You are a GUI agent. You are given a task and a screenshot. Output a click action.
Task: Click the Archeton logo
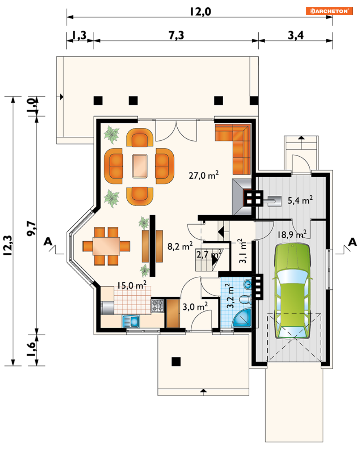[x=329, y=11]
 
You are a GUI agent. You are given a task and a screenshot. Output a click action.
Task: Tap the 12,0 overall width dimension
[x=200, y=12]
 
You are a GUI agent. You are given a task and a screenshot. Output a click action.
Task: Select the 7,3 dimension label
[x=176, y=35]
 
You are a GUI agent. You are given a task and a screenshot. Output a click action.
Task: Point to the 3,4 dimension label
[x=296, y=35]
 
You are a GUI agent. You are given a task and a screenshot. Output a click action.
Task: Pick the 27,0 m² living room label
[x=204, y=175]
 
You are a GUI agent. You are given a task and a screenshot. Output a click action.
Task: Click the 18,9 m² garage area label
[x=292, y=234]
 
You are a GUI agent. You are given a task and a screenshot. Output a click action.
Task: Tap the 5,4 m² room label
[x=300, y=200]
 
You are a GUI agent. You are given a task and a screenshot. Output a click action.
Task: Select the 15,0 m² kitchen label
[x=132, y=285]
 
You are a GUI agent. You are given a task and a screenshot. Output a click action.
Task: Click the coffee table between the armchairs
[x=140, y=166]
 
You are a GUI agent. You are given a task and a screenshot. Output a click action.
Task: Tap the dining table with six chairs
[x=106, y=246]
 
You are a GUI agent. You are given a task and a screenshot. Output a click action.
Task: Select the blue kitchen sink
[x=131, y=321]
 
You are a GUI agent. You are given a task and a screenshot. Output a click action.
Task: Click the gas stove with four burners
[x=157, y=306]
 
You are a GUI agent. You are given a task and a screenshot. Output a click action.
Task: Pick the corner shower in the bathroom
[x=242, y=318]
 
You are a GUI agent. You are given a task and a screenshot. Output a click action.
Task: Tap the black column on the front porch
[x=176, y=361]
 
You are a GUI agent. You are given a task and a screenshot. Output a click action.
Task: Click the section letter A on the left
[x=48, y=242]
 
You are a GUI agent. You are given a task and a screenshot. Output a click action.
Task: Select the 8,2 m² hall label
[x=180, y=246]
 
